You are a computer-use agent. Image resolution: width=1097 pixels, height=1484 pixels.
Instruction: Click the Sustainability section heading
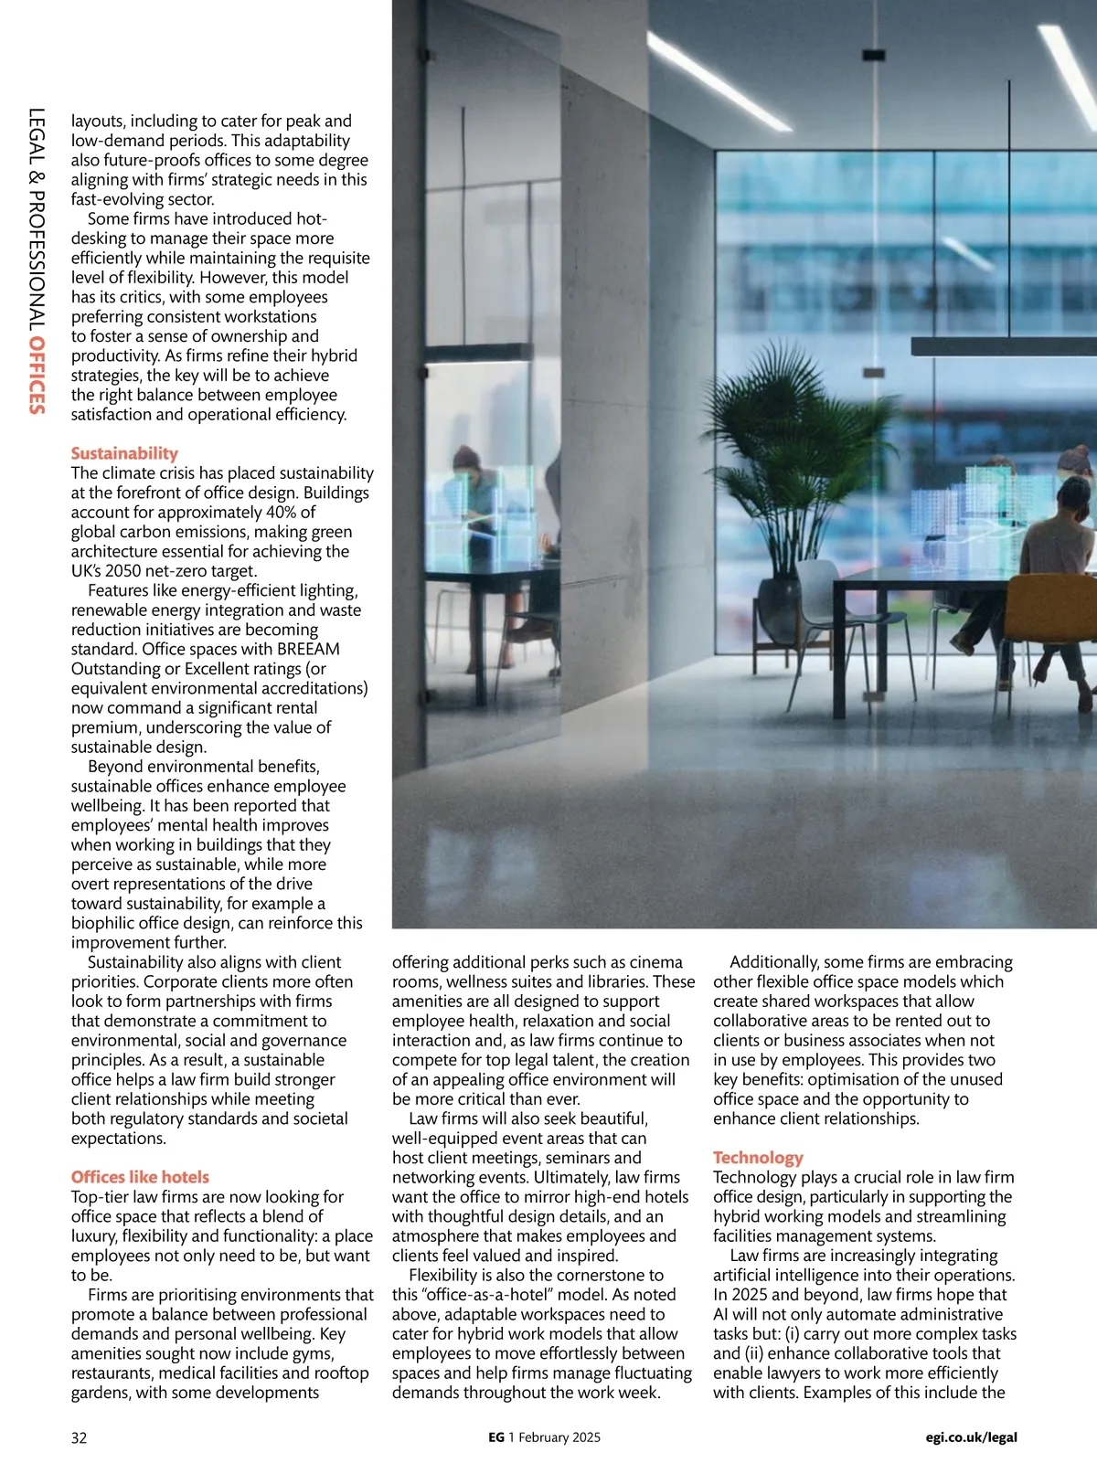pos(124,453)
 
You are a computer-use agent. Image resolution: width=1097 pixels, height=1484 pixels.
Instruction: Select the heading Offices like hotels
pos(140,1177)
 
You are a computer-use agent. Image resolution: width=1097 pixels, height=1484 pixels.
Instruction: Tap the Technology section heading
pos(758,1158)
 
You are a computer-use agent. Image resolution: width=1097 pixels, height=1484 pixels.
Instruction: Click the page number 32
pos(80,1437)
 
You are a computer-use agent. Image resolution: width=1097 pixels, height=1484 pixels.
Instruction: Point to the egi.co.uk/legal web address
pos(971,1437)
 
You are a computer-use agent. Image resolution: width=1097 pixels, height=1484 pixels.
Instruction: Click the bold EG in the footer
pos(496,1437)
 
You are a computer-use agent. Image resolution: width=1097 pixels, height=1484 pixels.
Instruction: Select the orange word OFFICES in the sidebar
pos(37,376)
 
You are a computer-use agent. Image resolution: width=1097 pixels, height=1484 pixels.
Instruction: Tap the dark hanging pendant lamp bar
pos(1003,345)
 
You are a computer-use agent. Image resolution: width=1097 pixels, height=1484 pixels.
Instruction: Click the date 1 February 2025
pos(555,1437)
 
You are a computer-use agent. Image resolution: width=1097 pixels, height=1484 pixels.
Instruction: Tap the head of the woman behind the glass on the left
pos(466,457)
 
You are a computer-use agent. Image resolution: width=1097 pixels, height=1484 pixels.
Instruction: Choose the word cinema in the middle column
pos(656,962)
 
